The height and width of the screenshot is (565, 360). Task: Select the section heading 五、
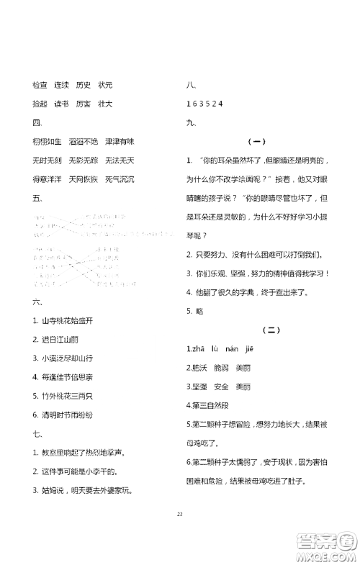[38, 196]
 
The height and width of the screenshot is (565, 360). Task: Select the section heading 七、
[38, 434]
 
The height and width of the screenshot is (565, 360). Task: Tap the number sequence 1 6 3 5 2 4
[204, 104]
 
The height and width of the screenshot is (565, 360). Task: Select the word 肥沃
[199, 367]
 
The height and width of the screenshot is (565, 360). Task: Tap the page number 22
[180, 534]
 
